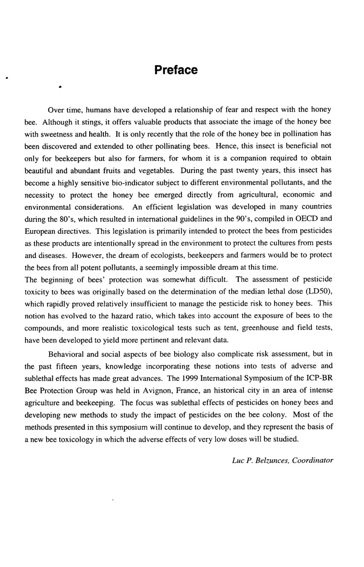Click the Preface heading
tap(176, 70)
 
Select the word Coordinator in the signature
tap(313, 460)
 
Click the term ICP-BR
tap(323, 391)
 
